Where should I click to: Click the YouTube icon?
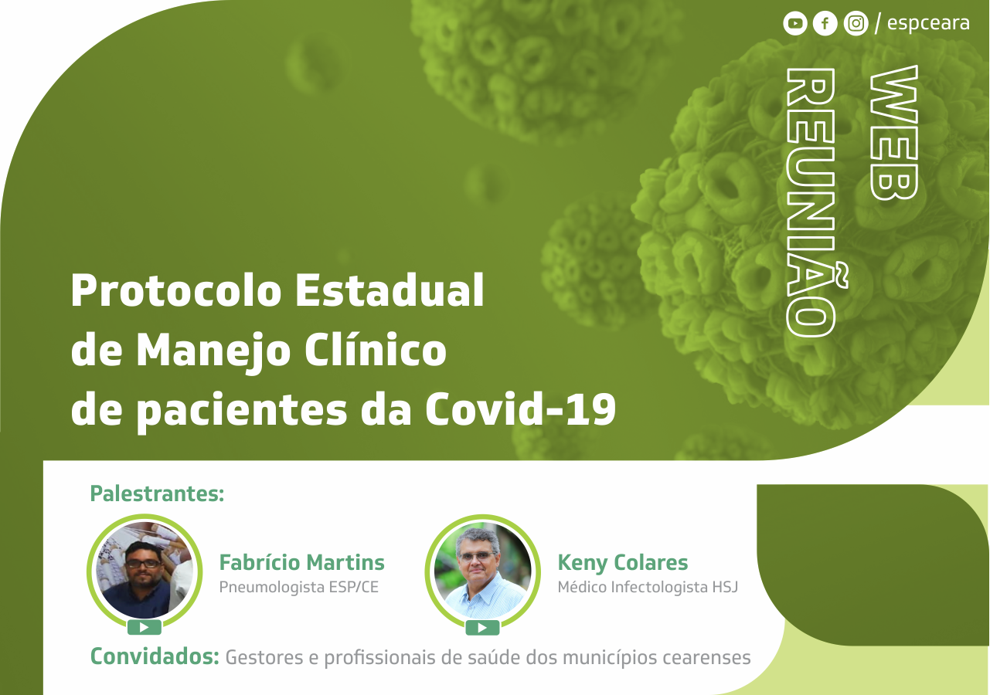[795, 23]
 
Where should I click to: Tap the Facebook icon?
[825, 23]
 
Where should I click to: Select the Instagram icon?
[856, 23]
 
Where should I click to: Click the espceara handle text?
[928, 23]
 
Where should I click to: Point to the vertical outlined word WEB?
[893, 133]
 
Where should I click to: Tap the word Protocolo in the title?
[176, 290]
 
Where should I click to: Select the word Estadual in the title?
[390, 290]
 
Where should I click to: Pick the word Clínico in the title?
[376, 349]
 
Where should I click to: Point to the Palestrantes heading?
[157, 493]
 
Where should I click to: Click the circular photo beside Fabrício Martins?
[145, 571]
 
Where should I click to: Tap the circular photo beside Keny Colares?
[482, 571]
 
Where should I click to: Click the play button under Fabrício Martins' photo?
[145, 628]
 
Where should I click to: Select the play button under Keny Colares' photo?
[482, 628]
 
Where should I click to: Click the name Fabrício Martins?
[302, 562]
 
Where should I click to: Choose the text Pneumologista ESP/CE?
[299, 587]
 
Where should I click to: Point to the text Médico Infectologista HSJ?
[648, 587]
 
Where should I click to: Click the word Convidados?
[155, 656]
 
